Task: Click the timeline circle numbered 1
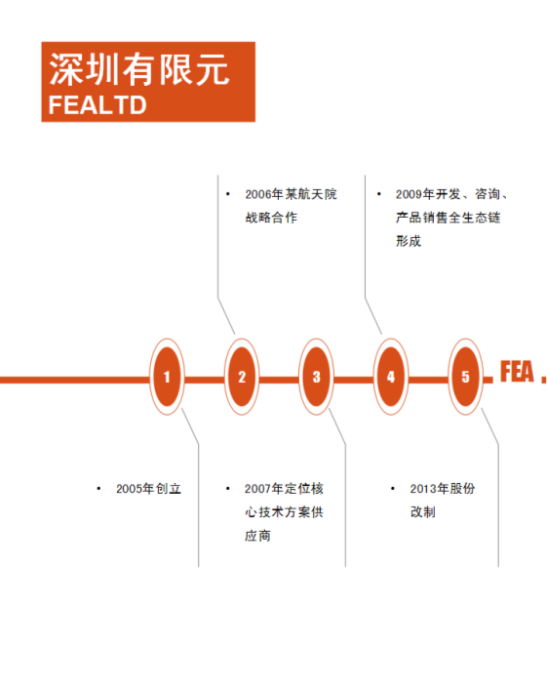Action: [167, 377]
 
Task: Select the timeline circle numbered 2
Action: [242, 377]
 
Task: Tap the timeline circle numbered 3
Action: [316, 377]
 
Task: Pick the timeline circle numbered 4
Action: [391, 377]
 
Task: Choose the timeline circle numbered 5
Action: [466, 377]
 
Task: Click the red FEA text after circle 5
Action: [517, 372]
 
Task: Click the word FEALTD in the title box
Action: [98, 105]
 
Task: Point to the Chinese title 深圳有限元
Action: [139, 69]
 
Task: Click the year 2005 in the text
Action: [129, 489]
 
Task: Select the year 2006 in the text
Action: [258, 194]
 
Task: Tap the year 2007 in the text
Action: [257, 489]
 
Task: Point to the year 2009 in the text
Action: [410, 194]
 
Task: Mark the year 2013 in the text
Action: [423, 489]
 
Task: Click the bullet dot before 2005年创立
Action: [98, 489]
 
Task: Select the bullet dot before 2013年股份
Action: [393, 489]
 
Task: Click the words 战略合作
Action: [271, 218]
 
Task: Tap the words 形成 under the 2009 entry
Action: [409, 241]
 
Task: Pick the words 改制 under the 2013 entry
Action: [423, 511]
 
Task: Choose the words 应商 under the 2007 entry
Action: [257, 536]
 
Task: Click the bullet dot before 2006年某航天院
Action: [228, 194]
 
